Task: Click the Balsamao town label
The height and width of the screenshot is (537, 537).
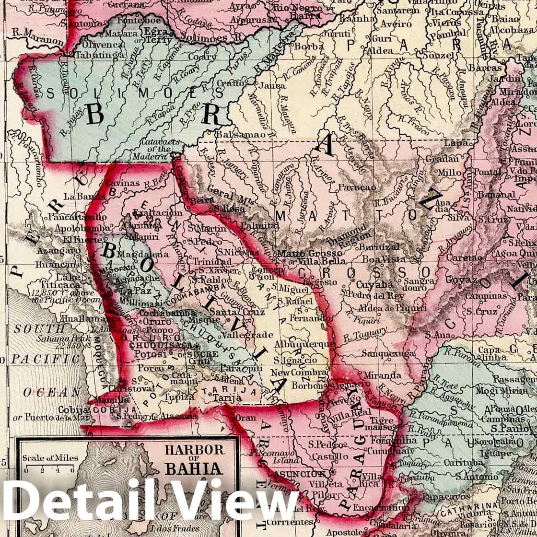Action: [239, 135]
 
